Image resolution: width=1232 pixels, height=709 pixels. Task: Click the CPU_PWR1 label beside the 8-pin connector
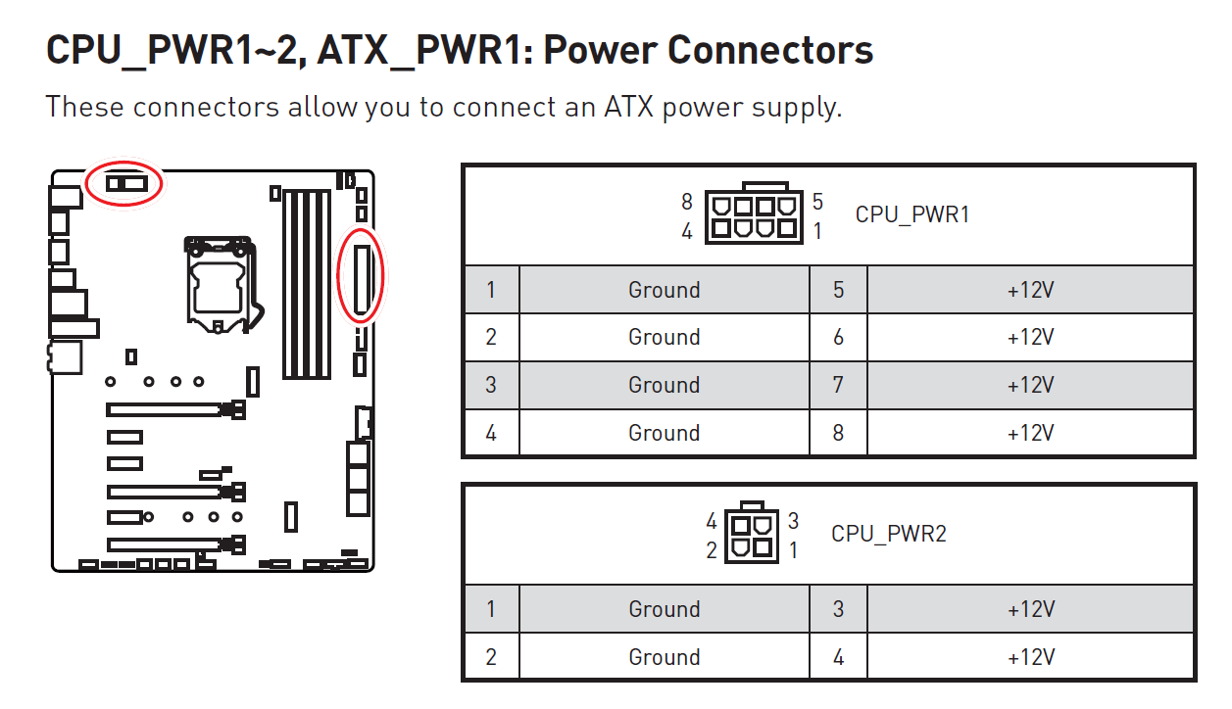[x=912, y=214]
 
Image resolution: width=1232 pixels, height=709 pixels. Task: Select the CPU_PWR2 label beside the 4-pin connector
[x=888, y=534]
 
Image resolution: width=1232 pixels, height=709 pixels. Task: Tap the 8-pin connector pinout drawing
[x=754, y=213]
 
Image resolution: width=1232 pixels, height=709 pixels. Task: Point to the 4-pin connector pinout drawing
[x=752, y=532]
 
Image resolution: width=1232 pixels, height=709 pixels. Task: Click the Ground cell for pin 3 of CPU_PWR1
[x=664, y=385]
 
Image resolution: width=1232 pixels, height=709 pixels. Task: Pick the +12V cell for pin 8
[x=1030, y=433]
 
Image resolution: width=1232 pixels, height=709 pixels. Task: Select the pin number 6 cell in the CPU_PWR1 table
[x=838, y=337]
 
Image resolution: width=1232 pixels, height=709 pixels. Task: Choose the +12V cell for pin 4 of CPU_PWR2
[x=1030, y=657]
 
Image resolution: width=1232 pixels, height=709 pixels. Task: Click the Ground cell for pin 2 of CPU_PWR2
[x=664, y=657]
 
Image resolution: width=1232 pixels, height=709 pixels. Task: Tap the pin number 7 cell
[x=838, y=385]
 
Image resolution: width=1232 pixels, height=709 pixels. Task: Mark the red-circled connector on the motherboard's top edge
[x=126, y=183]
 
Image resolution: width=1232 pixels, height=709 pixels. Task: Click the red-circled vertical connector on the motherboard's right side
[x=362, y=280]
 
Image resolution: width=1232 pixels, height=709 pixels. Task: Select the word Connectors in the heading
[x=770, y=50]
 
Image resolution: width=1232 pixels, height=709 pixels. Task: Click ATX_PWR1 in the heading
[x=418, y=50]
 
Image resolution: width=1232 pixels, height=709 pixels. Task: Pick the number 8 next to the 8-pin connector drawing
[x=687, y=202]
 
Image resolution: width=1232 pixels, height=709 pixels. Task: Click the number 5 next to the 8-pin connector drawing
[x=817, y=202]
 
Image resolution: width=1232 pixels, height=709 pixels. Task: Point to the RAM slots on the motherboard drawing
[x=307, y=284]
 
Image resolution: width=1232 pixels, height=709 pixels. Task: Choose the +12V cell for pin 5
[x=1030, y=290]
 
